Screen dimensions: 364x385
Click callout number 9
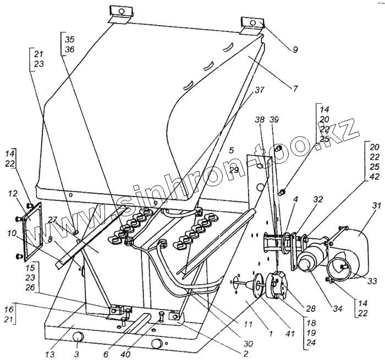tap(295, 49)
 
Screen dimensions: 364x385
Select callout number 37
tap(258, 89)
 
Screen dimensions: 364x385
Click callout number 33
tap(373, 281)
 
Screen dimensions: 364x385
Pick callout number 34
tap(338, 309)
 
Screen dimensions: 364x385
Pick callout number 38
tap(259, 119)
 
